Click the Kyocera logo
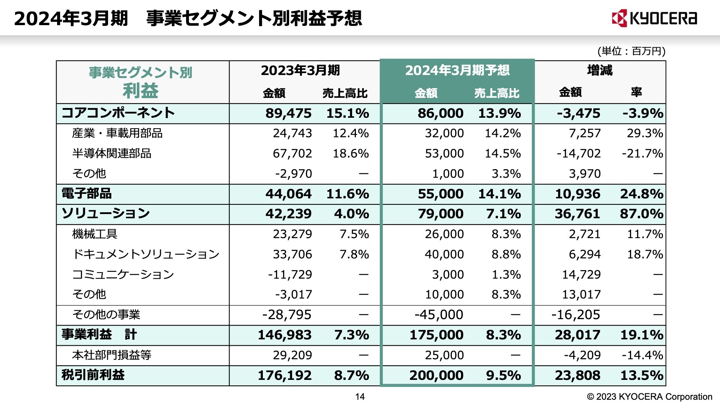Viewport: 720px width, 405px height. pyautogui.click(x=654, y=18)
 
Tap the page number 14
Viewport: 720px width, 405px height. pyautogui.click(x=360, y=396)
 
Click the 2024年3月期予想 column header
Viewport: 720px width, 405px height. pyautogui.click(x=457, y=70)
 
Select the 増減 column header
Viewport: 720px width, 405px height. pyautogui.click(x=600, y=70)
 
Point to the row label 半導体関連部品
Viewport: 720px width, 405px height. pyautogui.click(x=112, y=153)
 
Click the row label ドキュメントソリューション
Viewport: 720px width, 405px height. pyautogui.click(x=145, y=254)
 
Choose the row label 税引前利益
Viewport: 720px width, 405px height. pyautogui.click(x=93, y=375)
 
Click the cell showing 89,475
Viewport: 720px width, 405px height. pyautogui.click(x=288, y=113)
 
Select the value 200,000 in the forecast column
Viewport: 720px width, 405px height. pyautogui.click(x=436, y=375)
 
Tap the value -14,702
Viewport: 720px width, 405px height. pyautogui.click(x=579, y=153)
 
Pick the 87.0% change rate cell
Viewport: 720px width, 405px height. pyautogui.click(x=641, y=214)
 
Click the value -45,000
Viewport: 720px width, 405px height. pyautogui.click(x=439, y=315)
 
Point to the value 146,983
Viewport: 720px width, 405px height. pyautogui.click(x=284, y=335)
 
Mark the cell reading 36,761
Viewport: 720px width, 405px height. pyautogui.click(x=577, y=214)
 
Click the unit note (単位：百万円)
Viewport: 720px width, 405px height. pyautogui.click(x=631, y=51)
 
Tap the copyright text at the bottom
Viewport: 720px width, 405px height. pyautogui.click(x=649, y=396)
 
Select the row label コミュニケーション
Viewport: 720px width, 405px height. pyautogui.click(x=123, y=274)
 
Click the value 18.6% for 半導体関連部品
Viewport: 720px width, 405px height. pyautogui.click(x=351, y=153)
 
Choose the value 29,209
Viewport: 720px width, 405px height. pyautogui.click(x=292, y=355)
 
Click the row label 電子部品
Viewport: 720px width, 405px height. pyautogui.click(x=87, y=193)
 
